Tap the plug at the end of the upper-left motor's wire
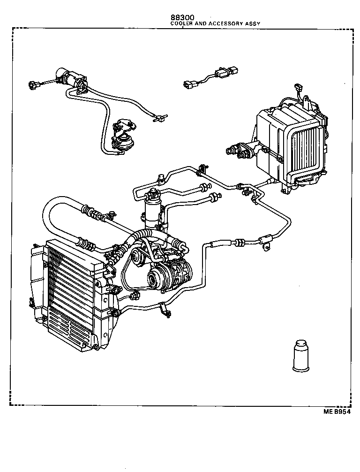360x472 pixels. [x=32, y=85]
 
